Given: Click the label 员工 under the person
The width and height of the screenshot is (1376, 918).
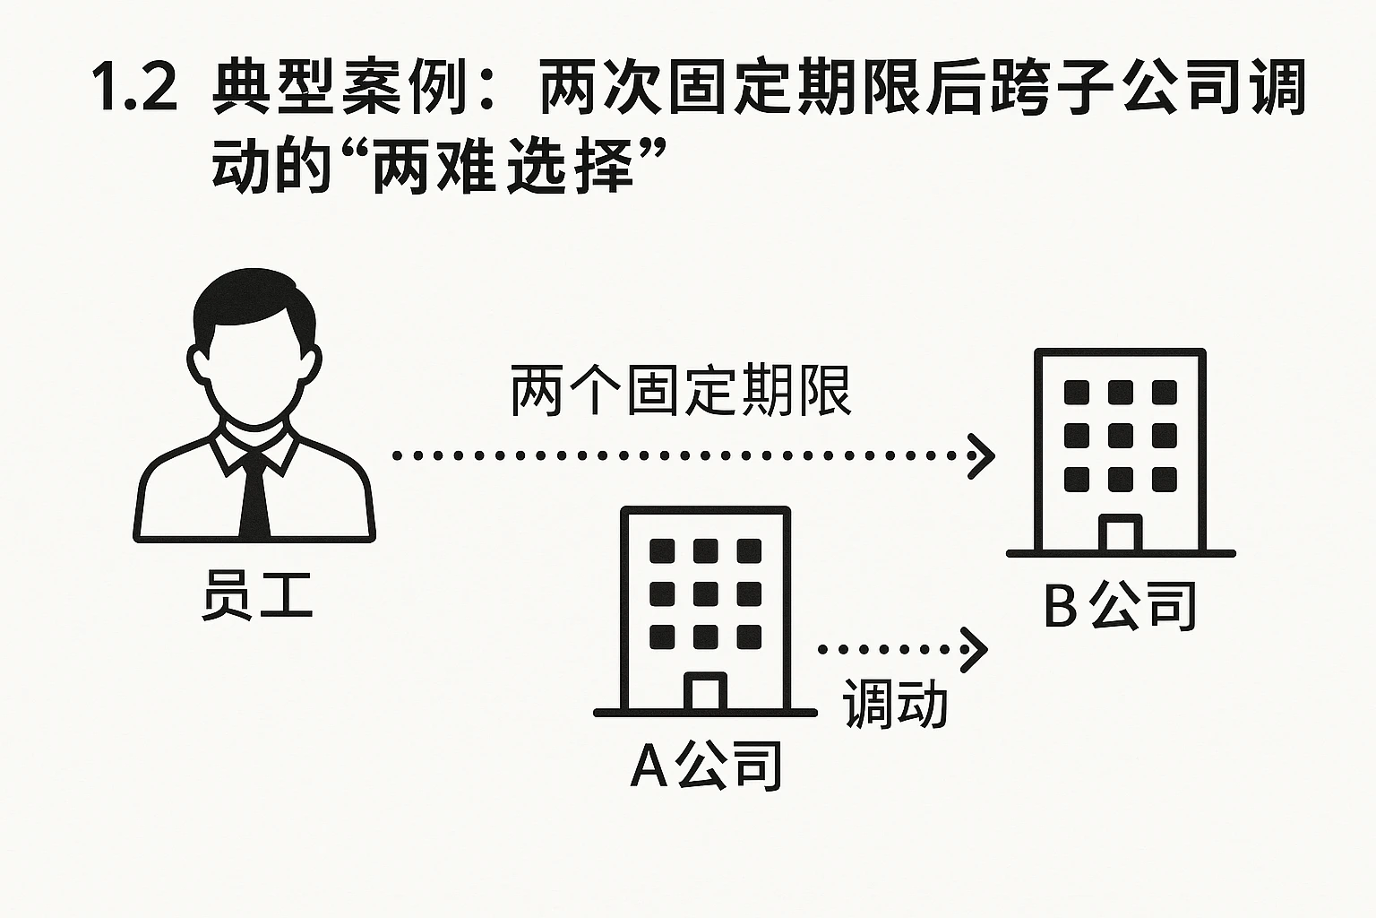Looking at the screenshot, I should pos(256,596).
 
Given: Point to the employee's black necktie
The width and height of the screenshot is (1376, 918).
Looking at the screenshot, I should pos(254,493).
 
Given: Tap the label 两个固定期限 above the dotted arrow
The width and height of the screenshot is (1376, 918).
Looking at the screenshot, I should pos(681,391).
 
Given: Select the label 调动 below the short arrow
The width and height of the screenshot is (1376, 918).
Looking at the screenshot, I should pos(895,704).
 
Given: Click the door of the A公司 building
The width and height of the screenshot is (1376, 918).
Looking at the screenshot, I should pos(705,691).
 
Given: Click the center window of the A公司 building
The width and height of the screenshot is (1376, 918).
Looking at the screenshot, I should pos(705,593).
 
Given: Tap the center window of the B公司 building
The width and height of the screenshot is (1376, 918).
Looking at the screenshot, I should pos(1120,436).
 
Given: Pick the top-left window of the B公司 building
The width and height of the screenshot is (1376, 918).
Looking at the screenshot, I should pos(1076,393).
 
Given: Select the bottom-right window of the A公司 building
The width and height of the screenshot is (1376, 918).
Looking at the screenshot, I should pos(749,637).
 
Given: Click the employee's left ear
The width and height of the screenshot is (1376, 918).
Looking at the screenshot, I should pos(196,363).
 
